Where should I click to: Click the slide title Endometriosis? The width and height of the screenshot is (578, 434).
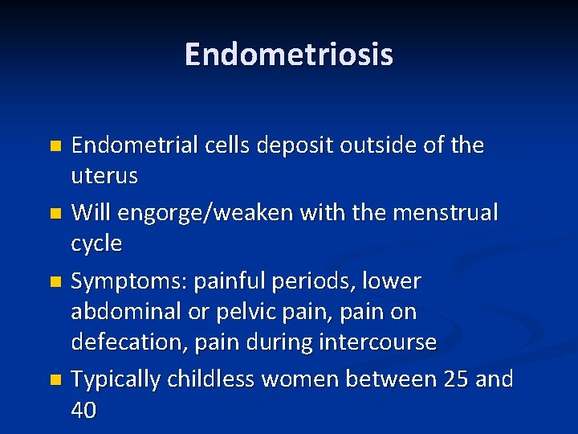pyautogui.click(x=289, y=55)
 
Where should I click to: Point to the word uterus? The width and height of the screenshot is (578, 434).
pyautogui.click(x=104, y=176)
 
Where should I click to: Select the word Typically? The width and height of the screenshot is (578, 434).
pyautogui.click(x=116, y=379)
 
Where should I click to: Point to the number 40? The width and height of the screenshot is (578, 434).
pyautogui.click(x=84, y=410)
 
